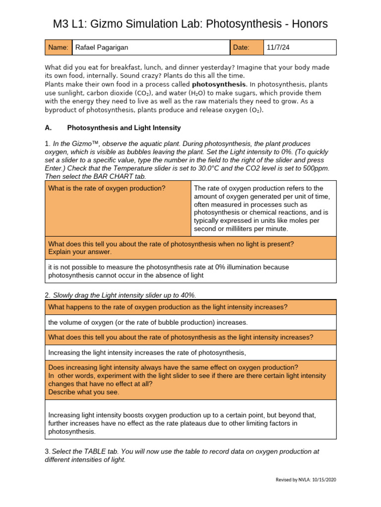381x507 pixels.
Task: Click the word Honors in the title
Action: coord(303,24)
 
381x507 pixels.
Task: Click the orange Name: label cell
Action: coord(58,48)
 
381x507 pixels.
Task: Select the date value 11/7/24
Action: coord(278,48)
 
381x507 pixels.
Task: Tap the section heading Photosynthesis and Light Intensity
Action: coord(124,127)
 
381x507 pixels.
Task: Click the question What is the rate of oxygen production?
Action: coord(107,188)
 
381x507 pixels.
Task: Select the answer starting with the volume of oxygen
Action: coord(147,322)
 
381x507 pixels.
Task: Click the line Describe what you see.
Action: coord(84,392)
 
